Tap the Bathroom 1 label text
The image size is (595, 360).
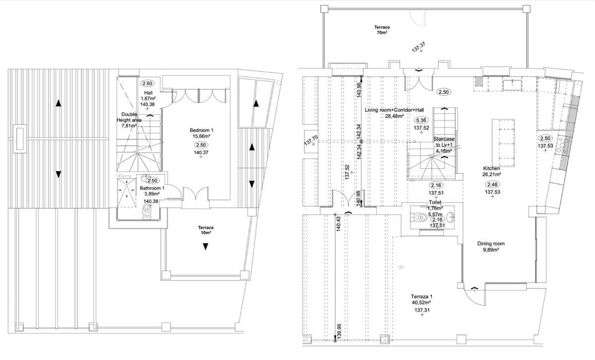click(x=152, y=189)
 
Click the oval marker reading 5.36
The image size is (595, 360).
click(x=421, y=120)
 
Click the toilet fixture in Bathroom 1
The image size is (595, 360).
click(x=146, y=212)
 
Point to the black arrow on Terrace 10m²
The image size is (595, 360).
click(x=204, y=246)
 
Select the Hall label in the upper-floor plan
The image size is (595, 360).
click(x=148, y=93)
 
